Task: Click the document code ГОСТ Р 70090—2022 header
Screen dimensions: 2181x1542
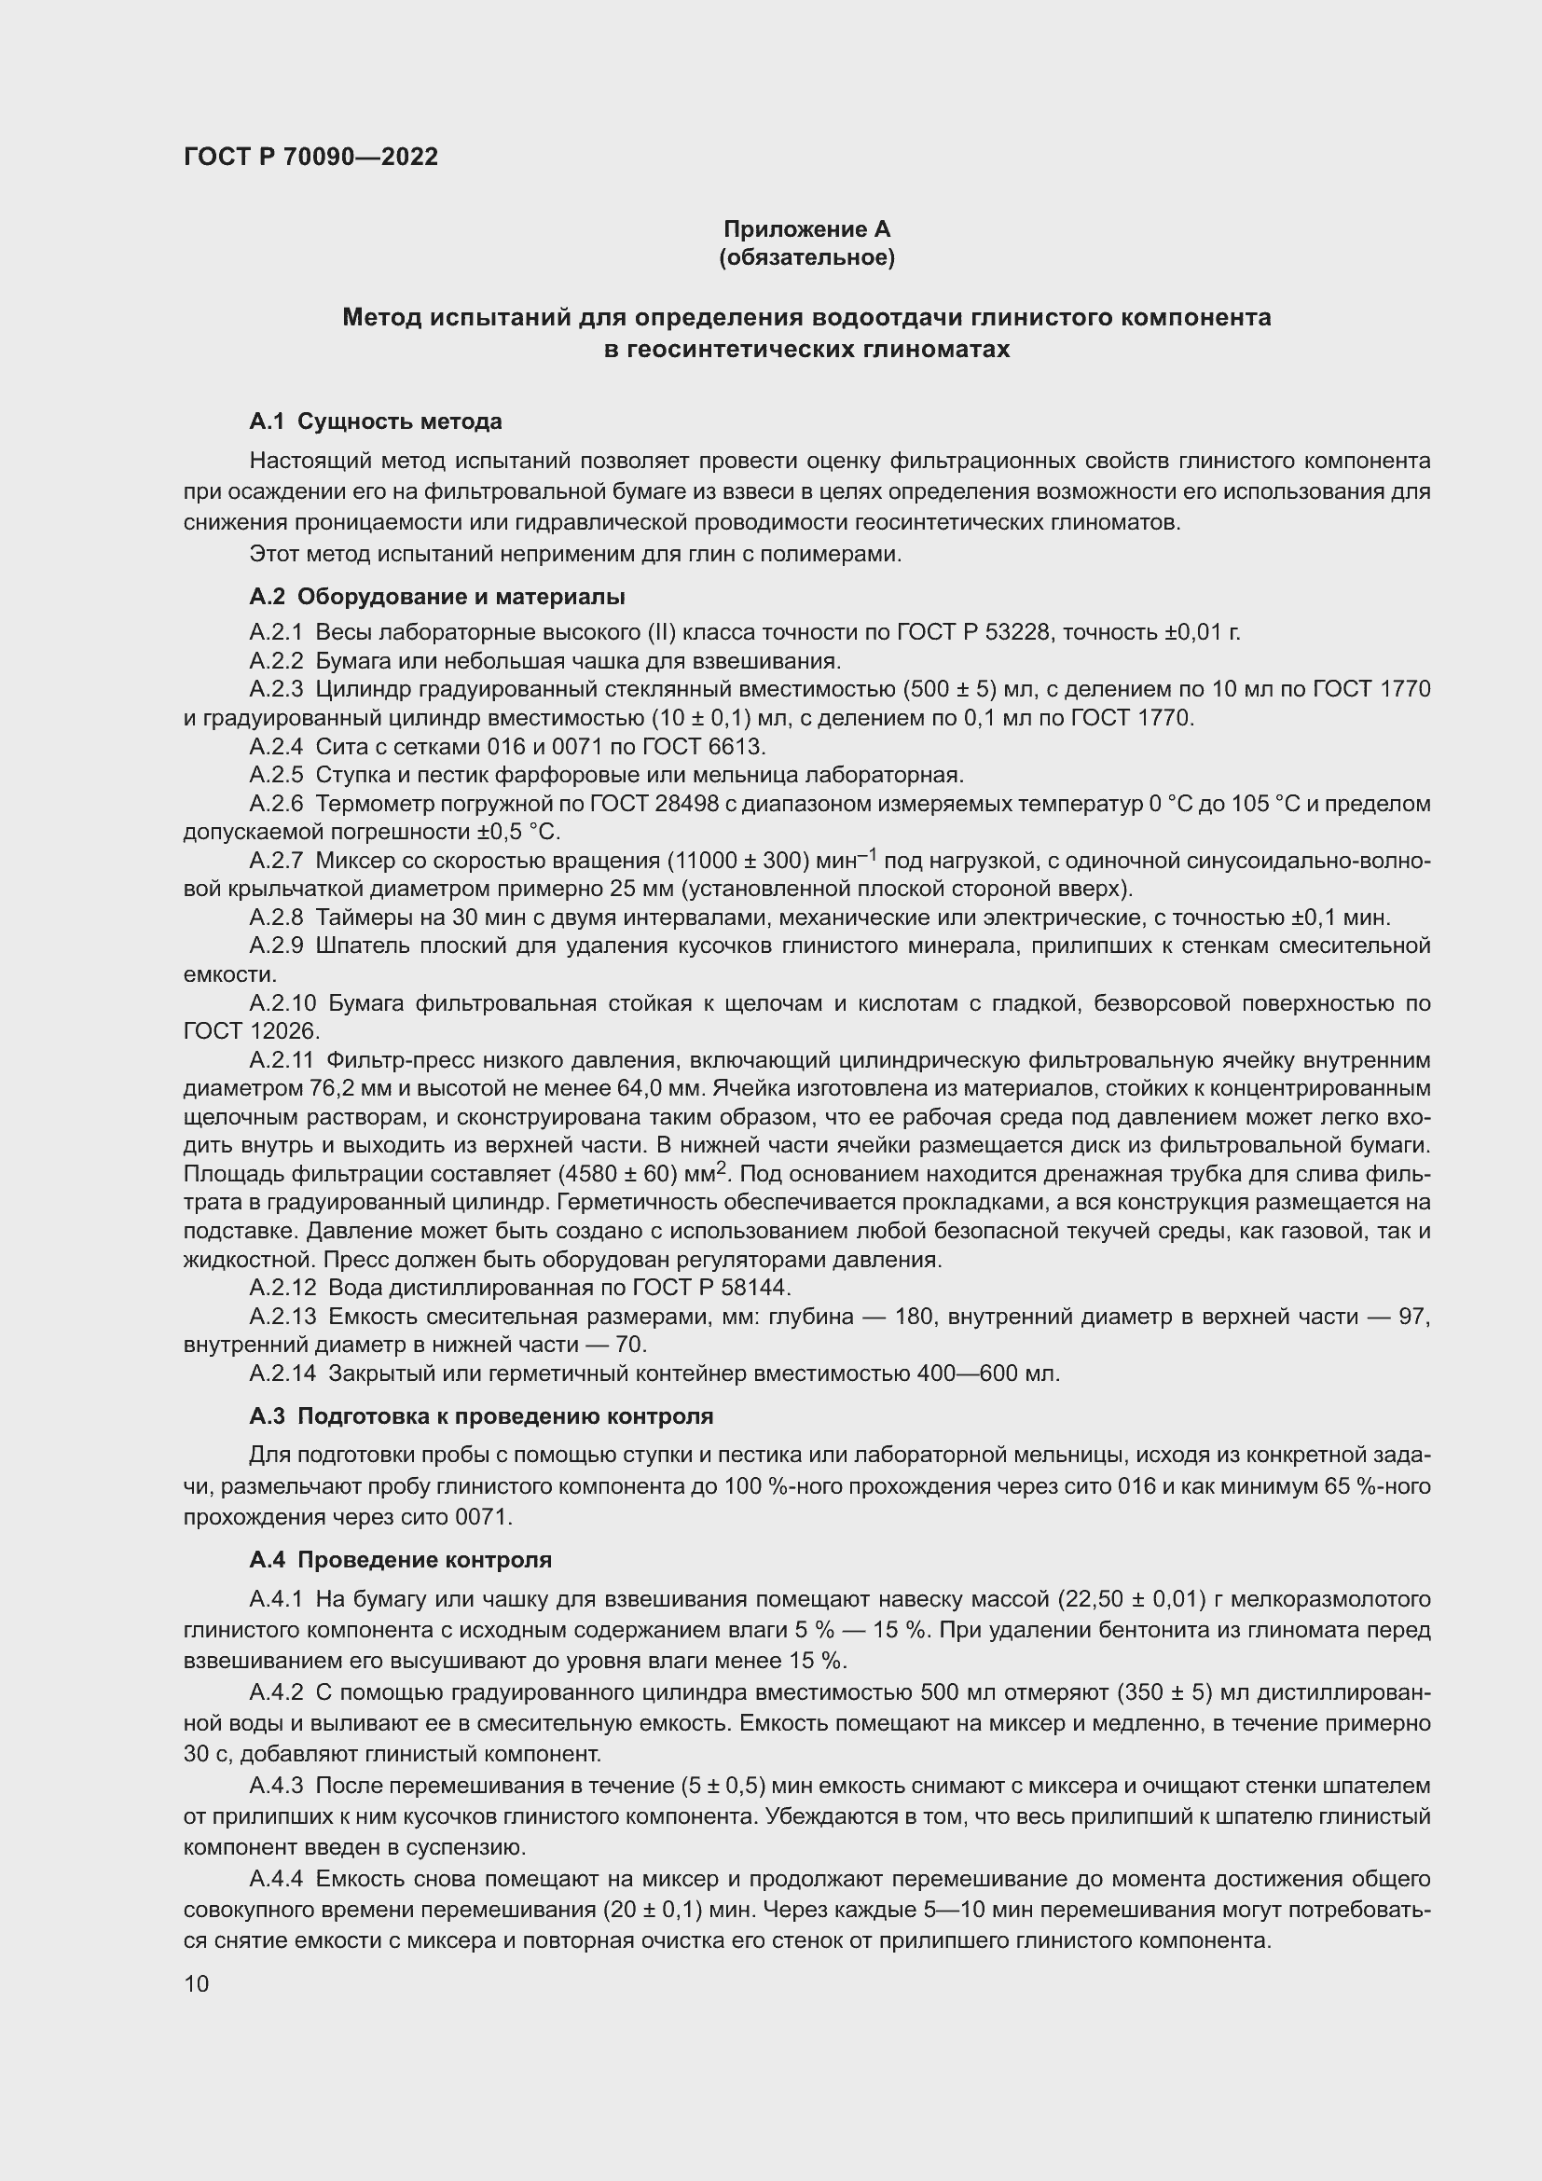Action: tap(310, 157)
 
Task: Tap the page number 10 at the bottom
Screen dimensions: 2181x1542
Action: tap(197, 1983)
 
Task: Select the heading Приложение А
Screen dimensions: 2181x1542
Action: tap(806, 229)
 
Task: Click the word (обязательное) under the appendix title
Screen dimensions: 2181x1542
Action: tap(806, 257)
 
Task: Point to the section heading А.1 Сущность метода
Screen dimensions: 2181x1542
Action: tap(375, 421)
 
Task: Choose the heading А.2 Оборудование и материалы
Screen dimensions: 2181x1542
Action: tap(436, 597)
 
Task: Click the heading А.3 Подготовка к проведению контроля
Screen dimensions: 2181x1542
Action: tap(480, 1416)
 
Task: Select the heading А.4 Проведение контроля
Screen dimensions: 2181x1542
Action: tap(400, 1560)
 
